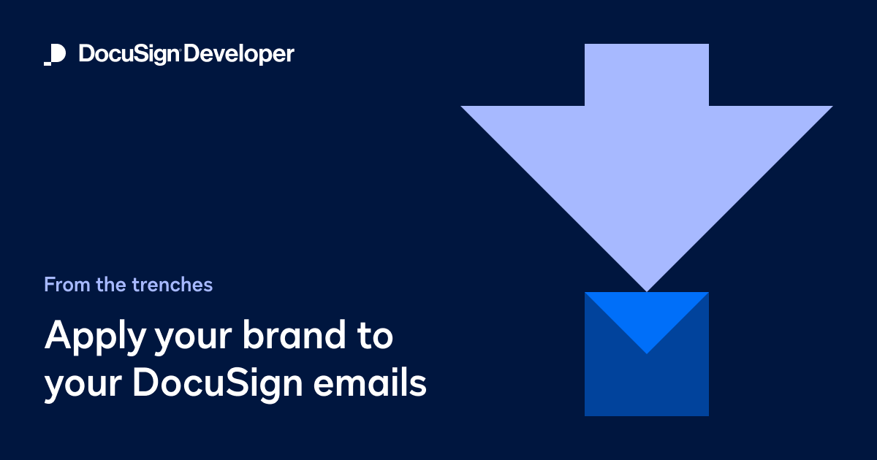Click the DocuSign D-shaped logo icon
click(x=55, y=55)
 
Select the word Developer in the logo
click(x=239, y=55)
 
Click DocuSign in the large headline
click(x=219, y=383)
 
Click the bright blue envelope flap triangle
click(x=647, y=314)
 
